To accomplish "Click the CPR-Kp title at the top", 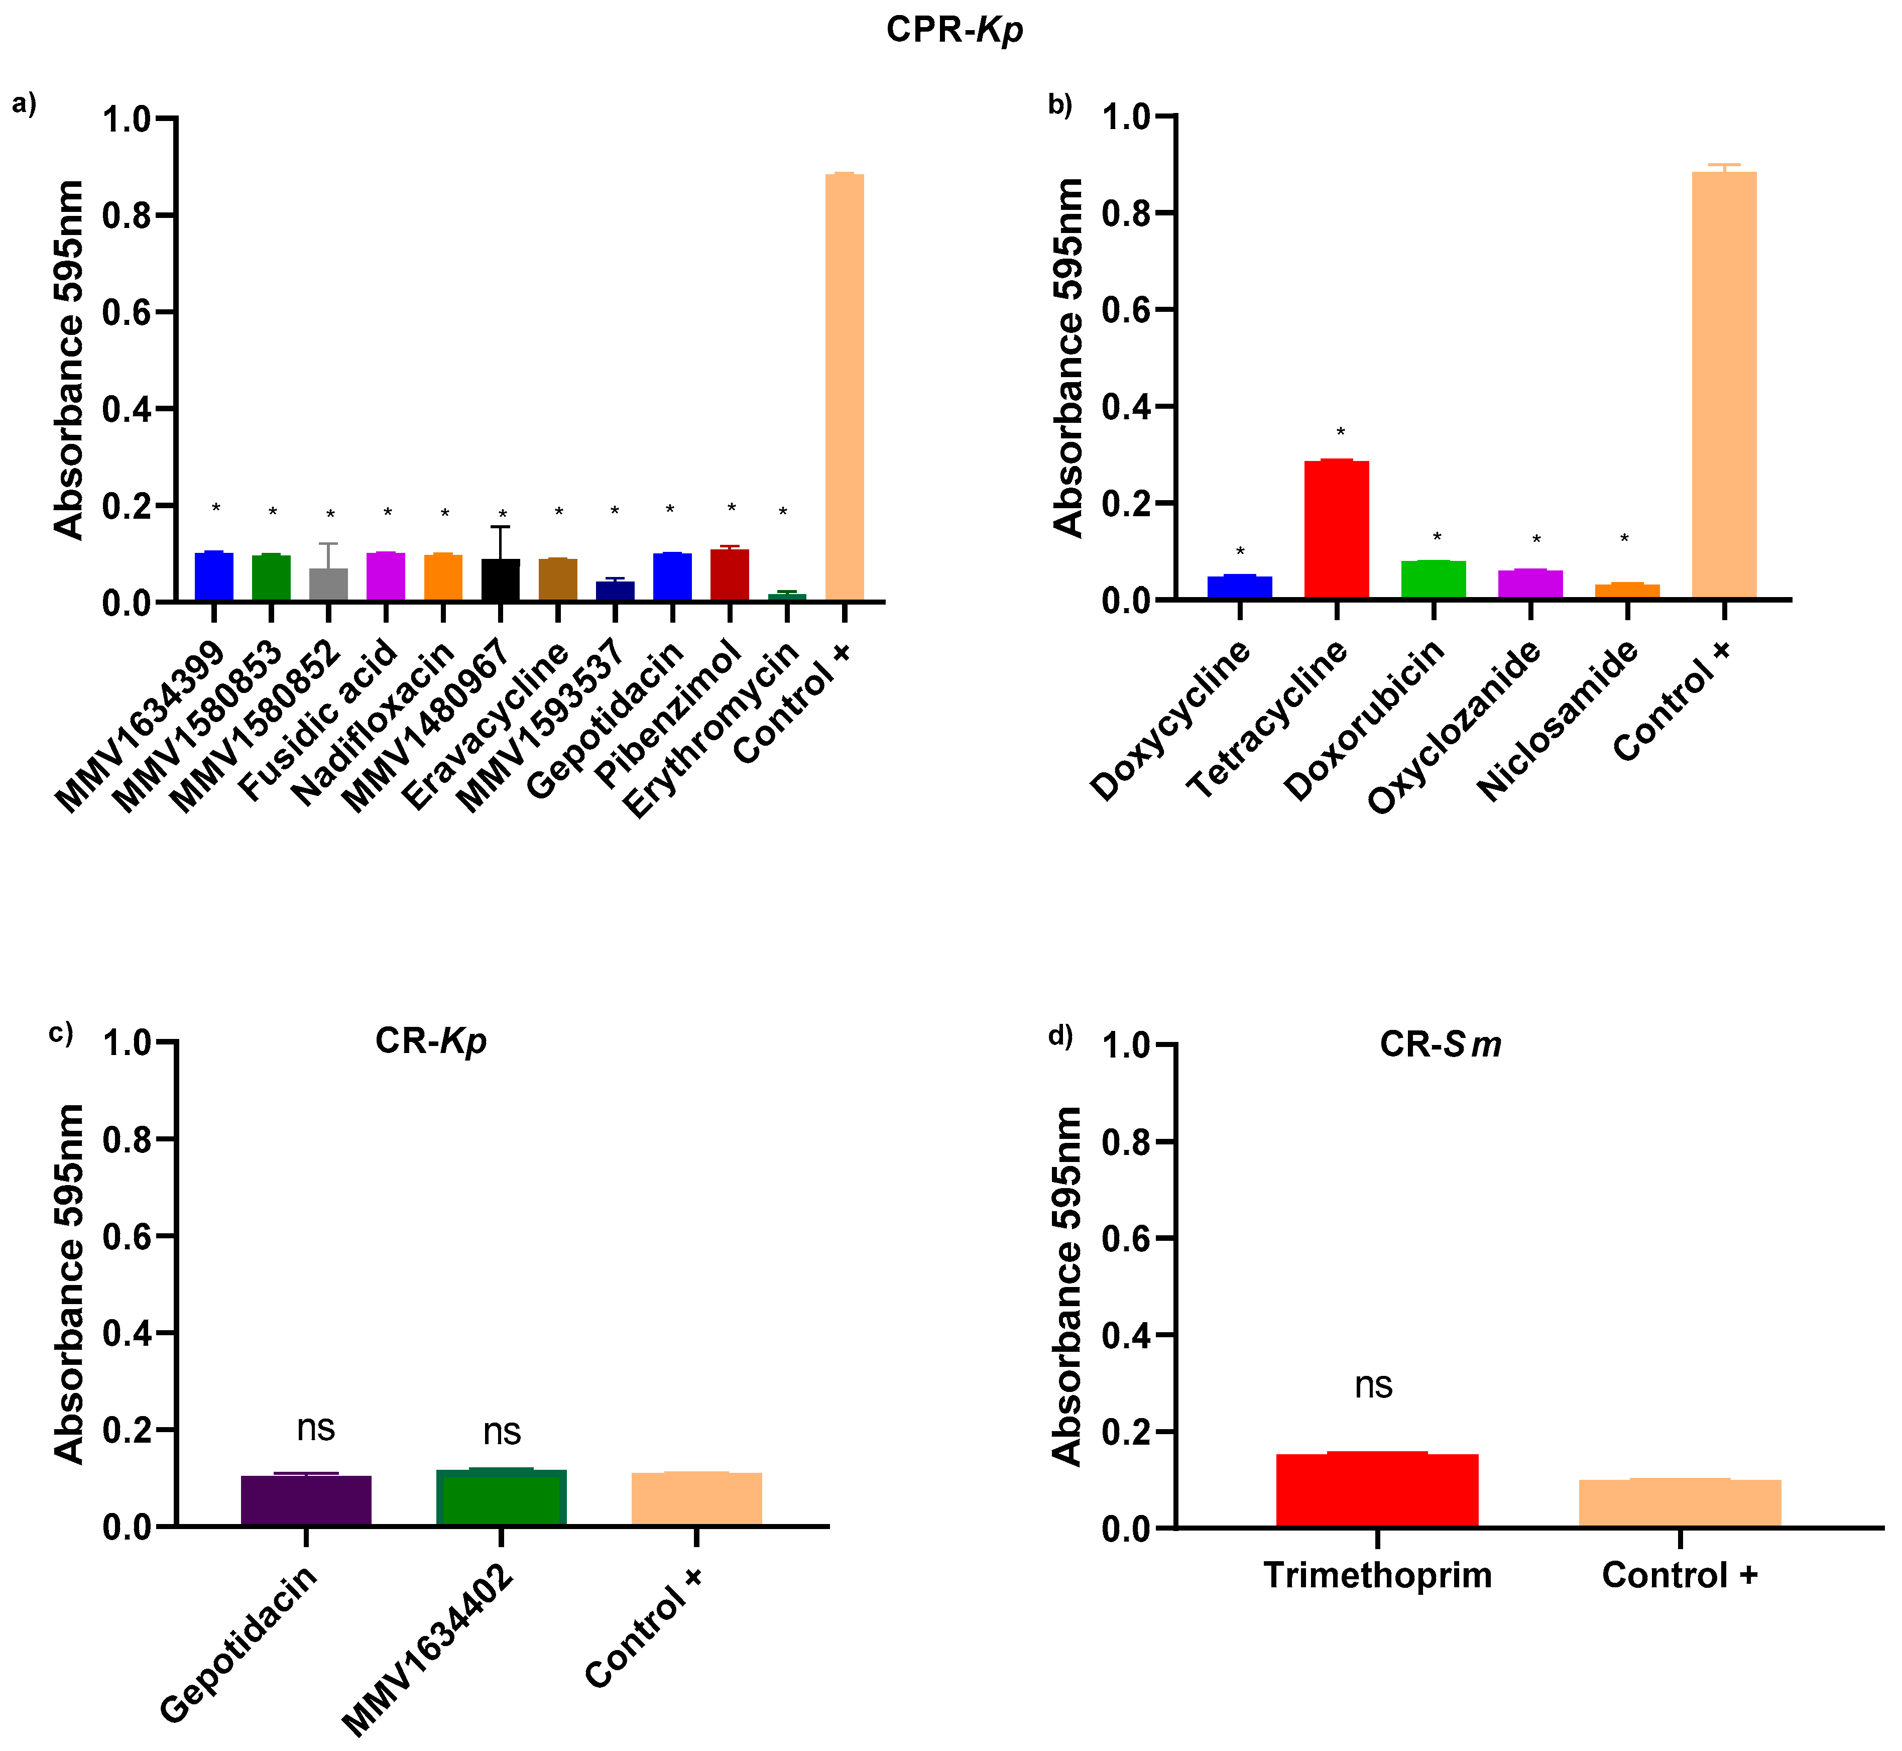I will [954, 30].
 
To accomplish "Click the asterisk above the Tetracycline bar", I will [1340, 433].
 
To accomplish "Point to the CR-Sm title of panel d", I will [1440, 1044].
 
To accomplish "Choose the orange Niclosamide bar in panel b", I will [1626, 591].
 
